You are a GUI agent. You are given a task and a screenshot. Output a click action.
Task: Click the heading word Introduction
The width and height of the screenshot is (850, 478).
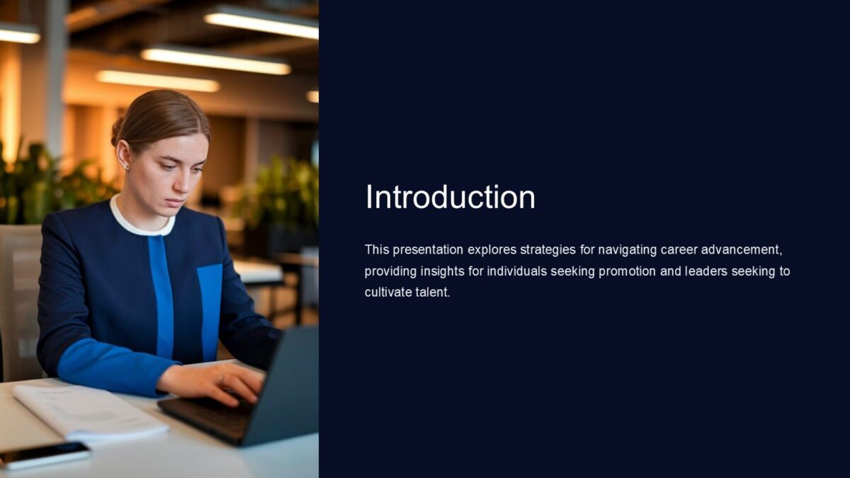pyautogui.click(x=450, y=197)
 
